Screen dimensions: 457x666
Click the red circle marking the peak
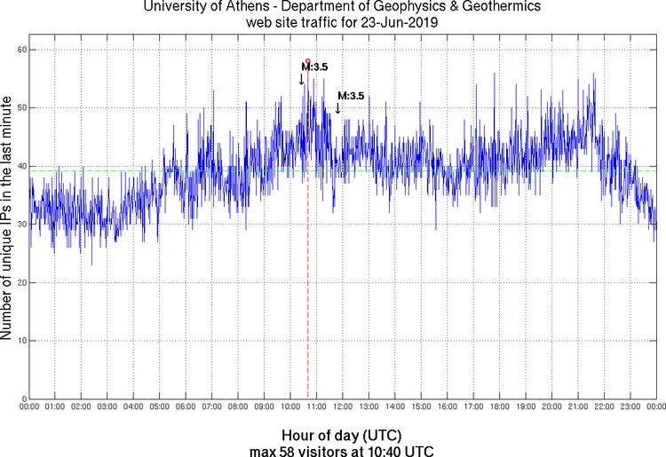pos(307,60)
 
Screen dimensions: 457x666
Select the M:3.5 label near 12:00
pos(352,96)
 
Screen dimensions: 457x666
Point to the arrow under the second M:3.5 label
pos(337,108)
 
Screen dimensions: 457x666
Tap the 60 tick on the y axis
pos(20,50)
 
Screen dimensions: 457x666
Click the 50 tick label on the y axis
pos(20,108)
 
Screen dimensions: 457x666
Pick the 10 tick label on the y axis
pos(20,341)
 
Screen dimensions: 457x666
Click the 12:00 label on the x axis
pos(343,407)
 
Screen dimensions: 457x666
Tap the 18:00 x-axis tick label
pos(499,407)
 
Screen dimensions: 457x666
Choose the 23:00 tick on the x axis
pos(630,407)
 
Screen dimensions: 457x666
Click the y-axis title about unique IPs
pos(8,219)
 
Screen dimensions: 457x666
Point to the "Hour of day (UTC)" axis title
pos(342,436)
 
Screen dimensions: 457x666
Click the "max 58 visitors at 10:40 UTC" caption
pos(342,450)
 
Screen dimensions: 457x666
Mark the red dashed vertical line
pos(308,266)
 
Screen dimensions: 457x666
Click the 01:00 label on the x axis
pos(55,407)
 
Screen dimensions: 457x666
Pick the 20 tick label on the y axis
pos(20,282)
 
